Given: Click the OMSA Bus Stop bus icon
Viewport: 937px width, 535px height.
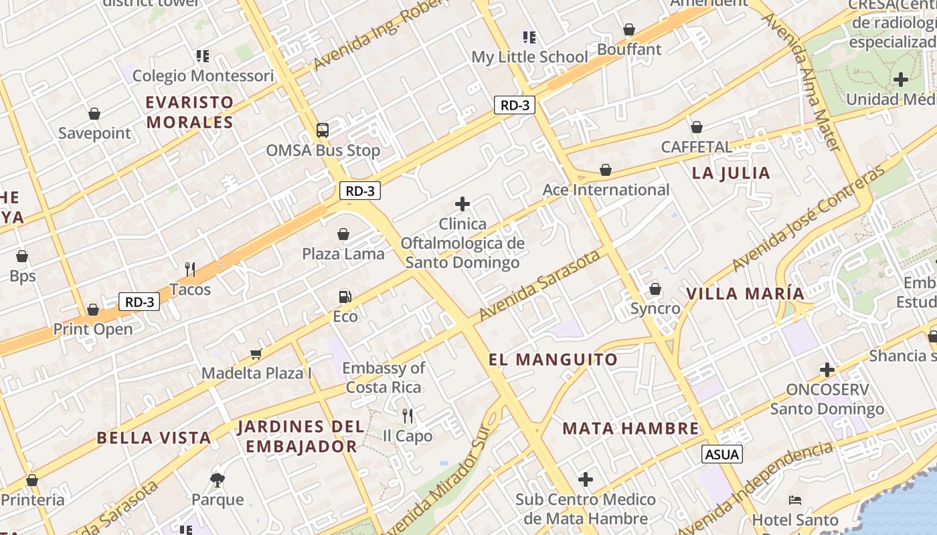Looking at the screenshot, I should (323, 130).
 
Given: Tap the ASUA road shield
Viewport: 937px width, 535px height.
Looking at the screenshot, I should (722, 455).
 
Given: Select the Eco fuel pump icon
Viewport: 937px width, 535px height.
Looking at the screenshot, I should (345, 296).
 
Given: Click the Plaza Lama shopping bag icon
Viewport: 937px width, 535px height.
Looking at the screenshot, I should (343, 234).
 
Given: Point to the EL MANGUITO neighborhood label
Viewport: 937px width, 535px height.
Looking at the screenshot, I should (553, 360).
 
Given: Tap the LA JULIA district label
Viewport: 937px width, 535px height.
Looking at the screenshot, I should (731, 173).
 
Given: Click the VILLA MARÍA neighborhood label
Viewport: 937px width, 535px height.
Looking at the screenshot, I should (745, 294).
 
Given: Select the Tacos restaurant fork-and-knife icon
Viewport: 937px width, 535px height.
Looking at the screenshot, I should (190, 270).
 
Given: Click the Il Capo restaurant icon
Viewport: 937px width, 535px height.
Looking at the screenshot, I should (408, 416).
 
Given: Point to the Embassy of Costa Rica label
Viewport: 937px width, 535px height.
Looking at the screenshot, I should (384, 377).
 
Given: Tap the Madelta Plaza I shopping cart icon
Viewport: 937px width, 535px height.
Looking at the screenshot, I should (256, 354).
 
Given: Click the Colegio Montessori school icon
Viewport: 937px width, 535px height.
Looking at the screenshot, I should (202, 56).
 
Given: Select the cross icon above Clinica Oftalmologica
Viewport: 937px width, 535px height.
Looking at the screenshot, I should (462, 204).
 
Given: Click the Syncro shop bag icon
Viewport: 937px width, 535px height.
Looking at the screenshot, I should (655, 289).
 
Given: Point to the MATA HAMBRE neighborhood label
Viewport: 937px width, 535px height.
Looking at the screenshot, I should (630, 429).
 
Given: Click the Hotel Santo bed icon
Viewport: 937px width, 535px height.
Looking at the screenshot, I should (795, 500).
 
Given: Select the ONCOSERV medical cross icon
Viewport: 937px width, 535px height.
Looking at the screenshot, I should (827, 370).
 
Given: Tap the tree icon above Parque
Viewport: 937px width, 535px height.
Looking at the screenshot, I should (218, 479).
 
